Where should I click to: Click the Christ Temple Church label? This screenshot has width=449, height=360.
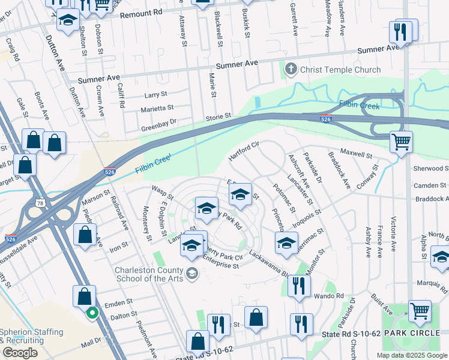[341, 70]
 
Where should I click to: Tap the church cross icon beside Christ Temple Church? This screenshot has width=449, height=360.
[291, 69]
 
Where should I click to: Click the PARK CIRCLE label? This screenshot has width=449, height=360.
[414, 332]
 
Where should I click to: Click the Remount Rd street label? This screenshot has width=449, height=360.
[140, 12]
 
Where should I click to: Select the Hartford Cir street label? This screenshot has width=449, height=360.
[243, 152]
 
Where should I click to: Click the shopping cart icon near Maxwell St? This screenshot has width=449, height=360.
[401, 142]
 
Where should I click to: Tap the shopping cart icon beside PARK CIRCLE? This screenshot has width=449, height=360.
[420, 311]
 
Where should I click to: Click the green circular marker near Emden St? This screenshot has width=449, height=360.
[91, 312]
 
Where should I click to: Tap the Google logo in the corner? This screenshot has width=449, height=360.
[19, 353]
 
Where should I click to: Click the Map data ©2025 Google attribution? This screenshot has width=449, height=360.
[411, 355]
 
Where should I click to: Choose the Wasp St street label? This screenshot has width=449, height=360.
[162, 193]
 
